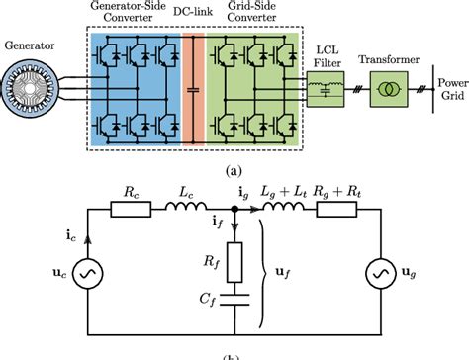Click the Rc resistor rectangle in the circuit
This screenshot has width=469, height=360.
click(129, 210)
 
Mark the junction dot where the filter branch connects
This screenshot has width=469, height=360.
click(234, 210)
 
